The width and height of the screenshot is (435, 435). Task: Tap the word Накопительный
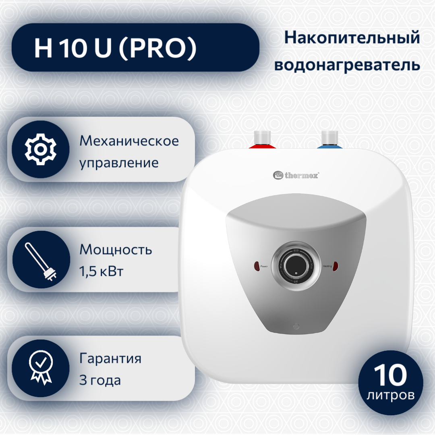pyautogui.click(x=352, y=38)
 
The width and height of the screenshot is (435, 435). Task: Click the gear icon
pyautogui.click(x=41, y=149)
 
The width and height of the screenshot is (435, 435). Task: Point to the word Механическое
pyautogui.click(x=129, y=141)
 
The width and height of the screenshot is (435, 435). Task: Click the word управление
pyautogui.click(x=119, y=164)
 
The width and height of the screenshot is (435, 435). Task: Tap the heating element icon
pyautogui.click(x=41, y=261)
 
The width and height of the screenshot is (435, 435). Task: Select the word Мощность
pyautogui.click(x=116, y=250)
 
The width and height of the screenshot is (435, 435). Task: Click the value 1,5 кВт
pyautogui.click(x=101, y=271)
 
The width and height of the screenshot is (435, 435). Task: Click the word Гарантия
pyautogui.click(x=110, y=358)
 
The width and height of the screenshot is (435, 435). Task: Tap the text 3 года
pyautogui.click(x=100, y=380)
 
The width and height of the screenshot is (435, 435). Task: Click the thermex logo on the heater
pyautogui.click(x=296, y=175)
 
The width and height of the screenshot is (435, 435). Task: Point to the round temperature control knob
pyautogui.click(x=296, y=265)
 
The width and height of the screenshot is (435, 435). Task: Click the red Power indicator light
pyautogui.click(x=257, y=266)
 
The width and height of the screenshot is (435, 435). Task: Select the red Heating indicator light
pyautogui.click(x=336, y=266)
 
